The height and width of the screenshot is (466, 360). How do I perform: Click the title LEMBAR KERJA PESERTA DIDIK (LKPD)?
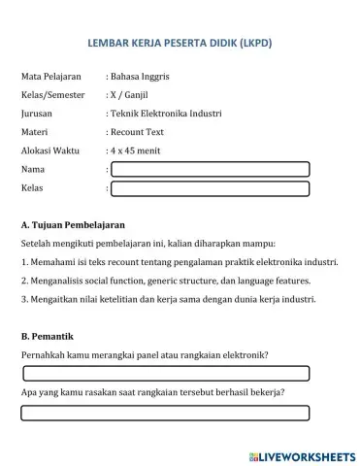coord(179,44)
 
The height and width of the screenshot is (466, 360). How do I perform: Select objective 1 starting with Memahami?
coord(179,262)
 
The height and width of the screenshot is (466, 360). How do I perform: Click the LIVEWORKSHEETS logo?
coord(302,454)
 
